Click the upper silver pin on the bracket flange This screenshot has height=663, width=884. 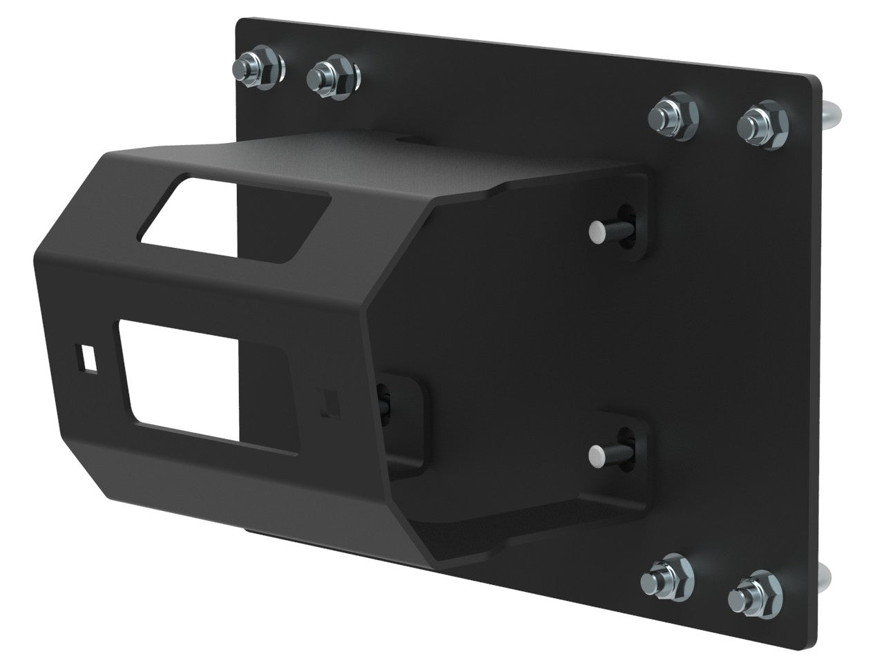pyautogui.click(x=598, y=228)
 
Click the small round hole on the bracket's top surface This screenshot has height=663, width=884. pyautogui.click(x=402, y=142)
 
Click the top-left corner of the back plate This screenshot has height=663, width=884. pyautogui.click(x=240, y=21)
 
